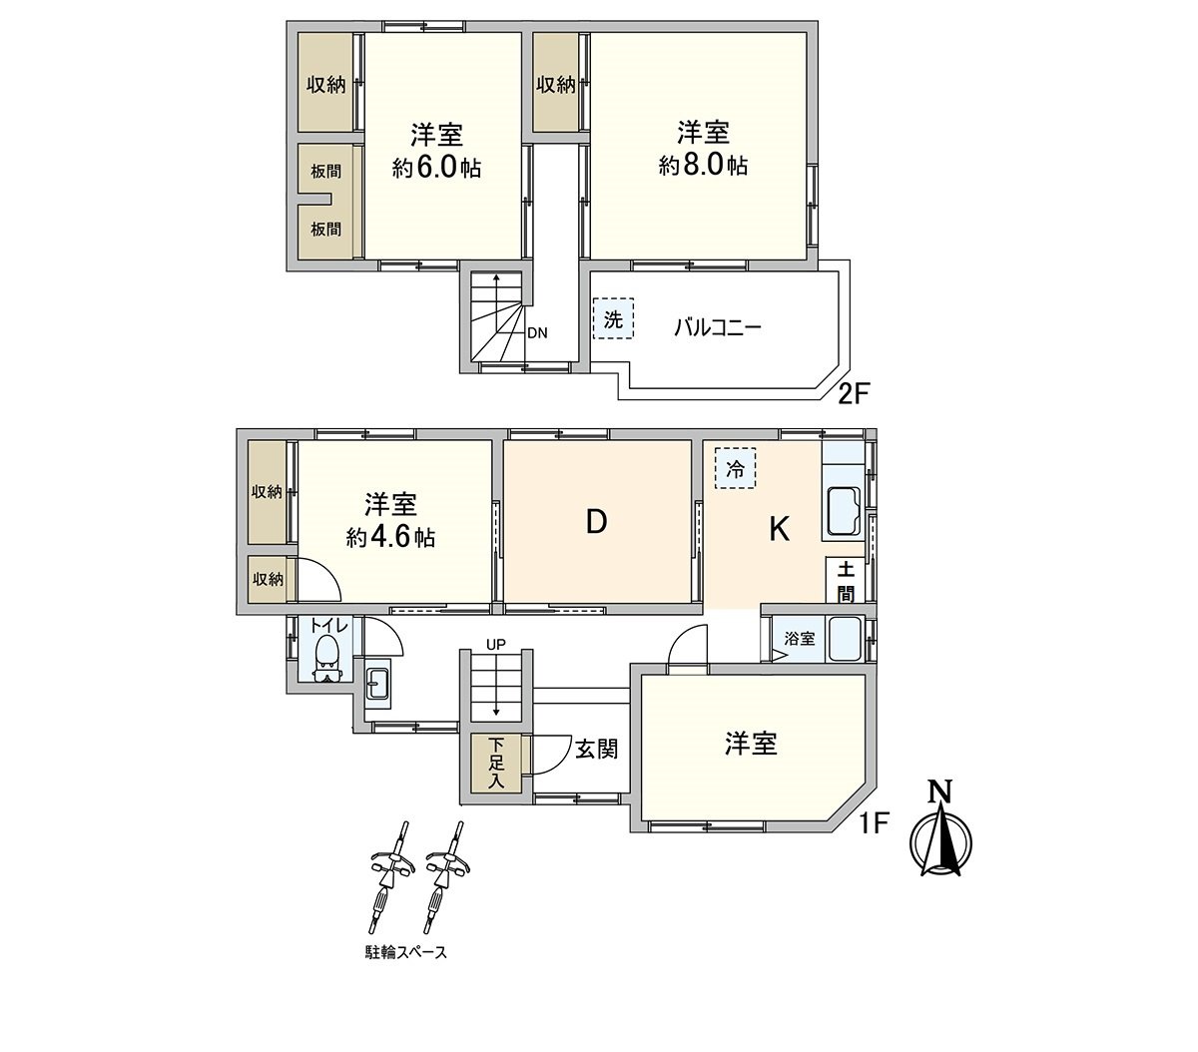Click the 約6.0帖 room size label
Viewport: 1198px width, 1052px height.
coord(436,168)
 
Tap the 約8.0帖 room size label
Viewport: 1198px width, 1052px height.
coord(703,165)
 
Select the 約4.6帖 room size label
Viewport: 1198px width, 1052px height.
coord(390,537)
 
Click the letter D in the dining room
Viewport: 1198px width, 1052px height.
coord(596,522)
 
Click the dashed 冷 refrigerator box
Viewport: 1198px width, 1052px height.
coord(735,468)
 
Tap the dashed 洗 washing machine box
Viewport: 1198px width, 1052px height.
coord(613,320)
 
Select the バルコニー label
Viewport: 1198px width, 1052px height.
coord(718,326)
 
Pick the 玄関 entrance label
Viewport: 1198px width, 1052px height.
coord(595,748)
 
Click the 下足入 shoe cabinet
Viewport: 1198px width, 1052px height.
coord(496,764)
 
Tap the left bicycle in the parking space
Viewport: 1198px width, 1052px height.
coord(389,878)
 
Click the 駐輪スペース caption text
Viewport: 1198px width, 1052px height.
coord(404,952)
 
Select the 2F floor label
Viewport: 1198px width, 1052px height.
coord(855,393)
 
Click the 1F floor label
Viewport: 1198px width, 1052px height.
coord(876,824)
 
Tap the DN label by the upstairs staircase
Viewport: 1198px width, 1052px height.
coord(537,333)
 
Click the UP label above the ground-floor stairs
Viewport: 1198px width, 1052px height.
coord(496,645)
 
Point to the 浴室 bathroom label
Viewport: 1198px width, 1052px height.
coord(799,639)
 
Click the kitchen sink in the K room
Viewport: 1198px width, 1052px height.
coord(846,512)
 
